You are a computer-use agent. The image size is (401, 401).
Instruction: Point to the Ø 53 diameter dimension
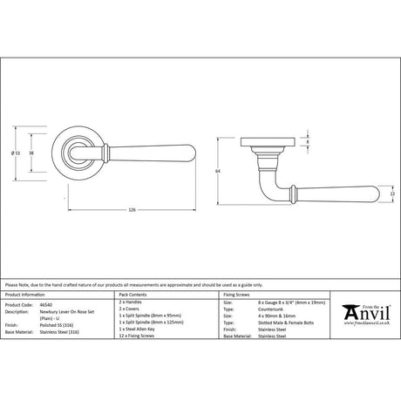(39, 154)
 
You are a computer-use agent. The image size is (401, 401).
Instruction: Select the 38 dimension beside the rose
(57, 154)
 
